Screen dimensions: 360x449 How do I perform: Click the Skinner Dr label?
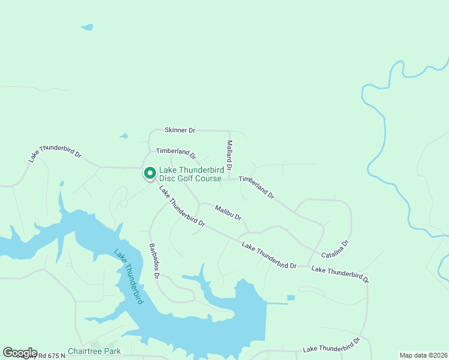tap(180, 130)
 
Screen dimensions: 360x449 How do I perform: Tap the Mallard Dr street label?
tap(229, 154)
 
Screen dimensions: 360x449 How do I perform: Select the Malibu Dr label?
tap(228, 212)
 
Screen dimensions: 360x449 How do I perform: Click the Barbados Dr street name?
tap(153, 260)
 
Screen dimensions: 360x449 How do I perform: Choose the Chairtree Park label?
tap(94, 351)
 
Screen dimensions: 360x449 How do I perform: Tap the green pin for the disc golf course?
tap(149, 173)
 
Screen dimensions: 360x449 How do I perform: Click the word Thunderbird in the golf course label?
tap(200, 170)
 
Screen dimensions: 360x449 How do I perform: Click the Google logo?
tap(20, 353)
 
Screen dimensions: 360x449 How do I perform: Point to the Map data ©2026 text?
tap(423, 355)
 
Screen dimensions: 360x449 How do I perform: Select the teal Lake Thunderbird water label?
tap(129, 276)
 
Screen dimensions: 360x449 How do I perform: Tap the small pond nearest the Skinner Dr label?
tap(124, 136)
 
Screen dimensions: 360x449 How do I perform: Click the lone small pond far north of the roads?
tap(88, 27)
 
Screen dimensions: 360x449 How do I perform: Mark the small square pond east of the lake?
tap(291, 298)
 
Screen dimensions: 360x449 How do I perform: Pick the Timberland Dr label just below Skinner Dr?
tap(176, 154)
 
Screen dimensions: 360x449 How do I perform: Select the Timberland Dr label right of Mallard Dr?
tap(256, 188)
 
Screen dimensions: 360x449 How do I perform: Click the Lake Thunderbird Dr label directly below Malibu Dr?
tap(269, 255)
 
